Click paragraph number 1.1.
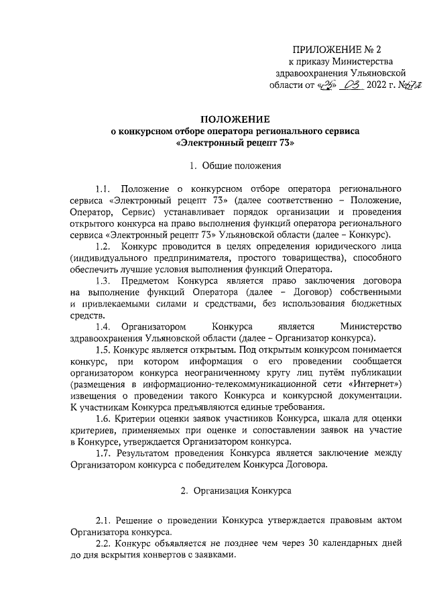point(105,189)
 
